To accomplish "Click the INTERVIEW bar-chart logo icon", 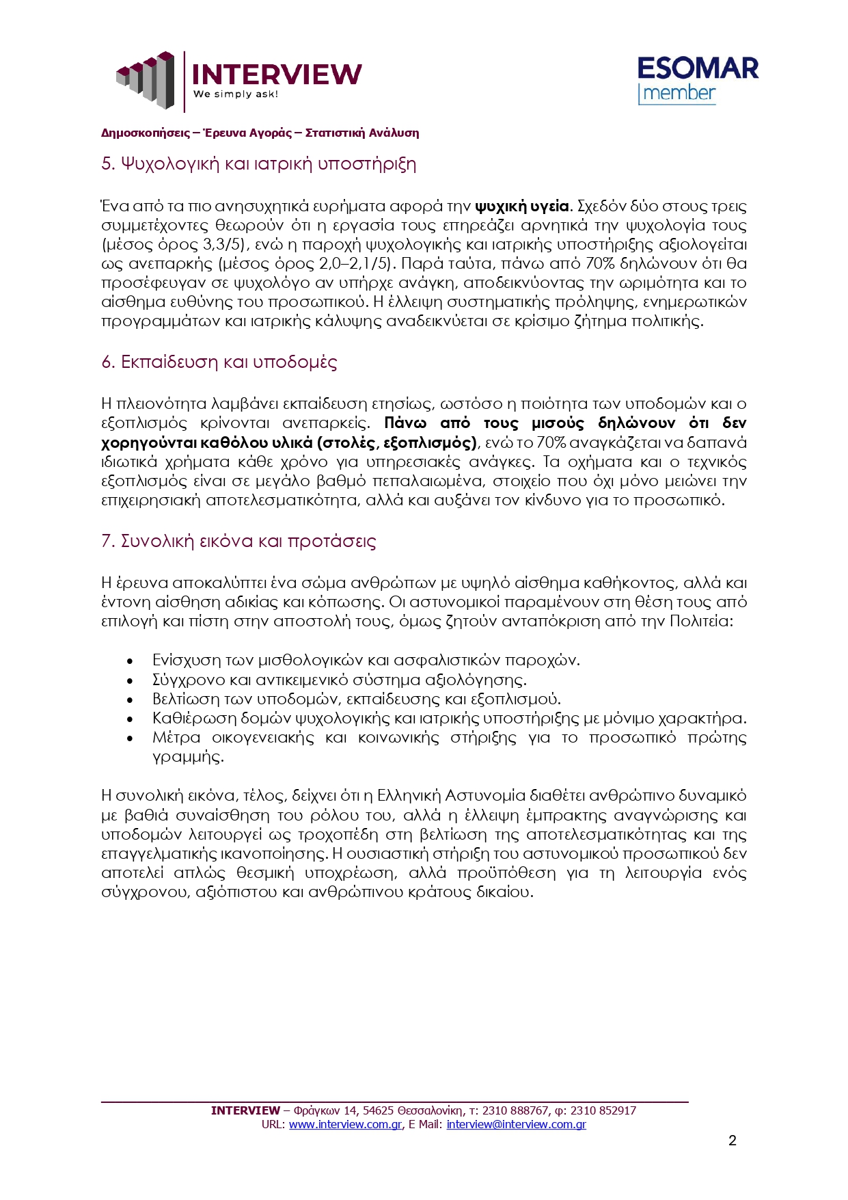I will pyautogui.click(x=145, y=79).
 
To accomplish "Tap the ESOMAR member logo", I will pyautogui.click(x=697, y=80).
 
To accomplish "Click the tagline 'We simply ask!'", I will pyautogui.click(x=236, y=94).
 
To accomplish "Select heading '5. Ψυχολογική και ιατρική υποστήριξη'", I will pyautogui.click(x=258, y=164).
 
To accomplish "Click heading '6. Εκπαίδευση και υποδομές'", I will pyautogui.click(x=219, y=362).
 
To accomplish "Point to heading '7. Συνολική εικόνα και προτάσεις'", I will pyautogui.click(x=238, y=542).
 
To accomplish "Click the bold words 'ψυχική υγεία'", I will pyautogui.click(x=522, y=206).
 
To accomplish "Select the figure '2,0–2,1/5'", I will pyautogui.click(x=356, y=264).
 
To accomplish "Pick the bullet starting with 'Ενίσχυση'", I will pyautogui.click(x=366, y=661).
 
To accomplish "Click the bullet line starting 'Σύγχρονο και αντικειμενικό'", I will pyautogui.click(x=339, y=680).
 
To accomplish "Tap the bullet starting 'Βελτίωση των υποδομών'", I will pyautogui.click(x=356, y=699).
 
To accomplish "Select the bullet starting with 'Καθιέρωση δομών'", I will pyautogui.click(x=449, y=719).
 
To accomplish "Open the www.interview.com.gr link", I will pyautogui.click(x=345, y=1124).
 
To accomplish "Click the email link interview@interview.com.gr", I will pyautogui.click(x=516, y=1124).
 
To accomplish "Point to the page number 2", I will pyautogui.click(x=733, y=1141).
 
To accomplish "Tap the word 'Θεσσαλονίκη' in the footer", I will pyautogui.click(x=429, y=1110).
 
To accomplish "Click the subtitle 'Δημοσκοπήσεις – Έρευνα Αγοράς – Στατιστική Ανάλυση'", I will pyautogui.click(x=260, y=133).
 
